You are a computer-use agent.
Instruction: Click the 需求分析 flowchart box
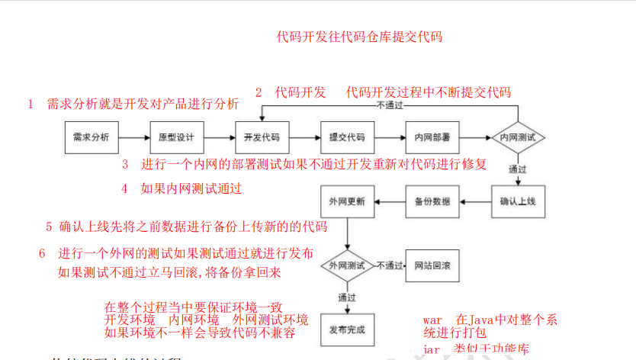(x=91, y=138)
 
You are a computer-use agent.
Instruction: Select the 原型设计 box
(x=176, y=138)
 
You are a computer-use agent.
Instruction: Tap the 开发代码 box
(x=262, y=138)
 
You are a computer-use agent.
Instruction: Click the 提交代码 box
(x=347, y=138)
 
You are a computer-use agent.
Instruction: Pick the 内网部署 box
(x=432, y=138)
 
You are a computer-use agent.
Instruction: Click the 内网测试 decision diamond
(x=518, y=138)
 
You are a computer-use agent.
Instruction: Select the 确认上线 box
(x=518, y=202)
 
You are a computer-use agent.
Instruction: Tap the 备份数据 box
(x=432, y=202)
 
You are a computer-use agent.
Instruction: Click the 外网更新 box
(x=347, y=202)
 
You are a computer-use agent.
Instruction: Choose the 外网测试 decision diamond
(x=347, y=265)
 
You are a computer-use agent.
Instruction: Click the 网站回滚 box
(x=432, y=265)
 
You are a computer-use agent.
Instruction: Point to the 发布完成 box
(x=347, y=329)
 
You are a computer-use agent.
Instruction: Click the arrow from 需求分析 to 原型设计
(x=133, y=138)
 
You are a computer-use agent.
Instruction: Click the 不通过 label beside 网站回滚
(x=390, y=265)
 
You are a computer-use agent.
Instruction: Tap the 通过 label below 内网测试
(x=518, y=169)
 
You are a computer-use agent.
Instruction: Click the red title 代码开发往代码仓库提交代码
(x=359, y=36)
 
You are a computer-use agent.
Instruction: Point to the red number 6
(x=42, y=253)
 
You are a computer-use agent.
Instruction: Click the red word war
(x=433, y=320)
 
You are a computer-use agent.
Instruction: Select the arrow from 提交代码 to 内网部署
(x=389, y=138)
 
